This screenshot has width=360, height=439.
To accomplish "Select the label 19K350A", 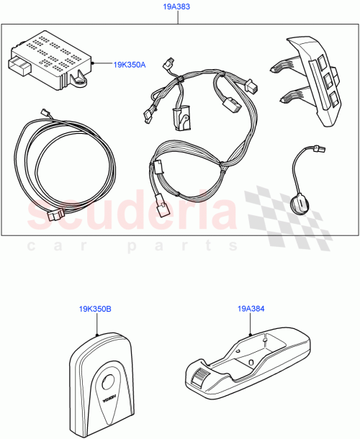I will click(130, 65).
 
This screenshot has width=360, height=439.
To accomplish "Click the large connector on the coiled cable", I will click(54, 215).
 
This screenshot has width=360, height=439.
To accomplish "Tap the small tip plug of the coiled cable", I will click(45, 112).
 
